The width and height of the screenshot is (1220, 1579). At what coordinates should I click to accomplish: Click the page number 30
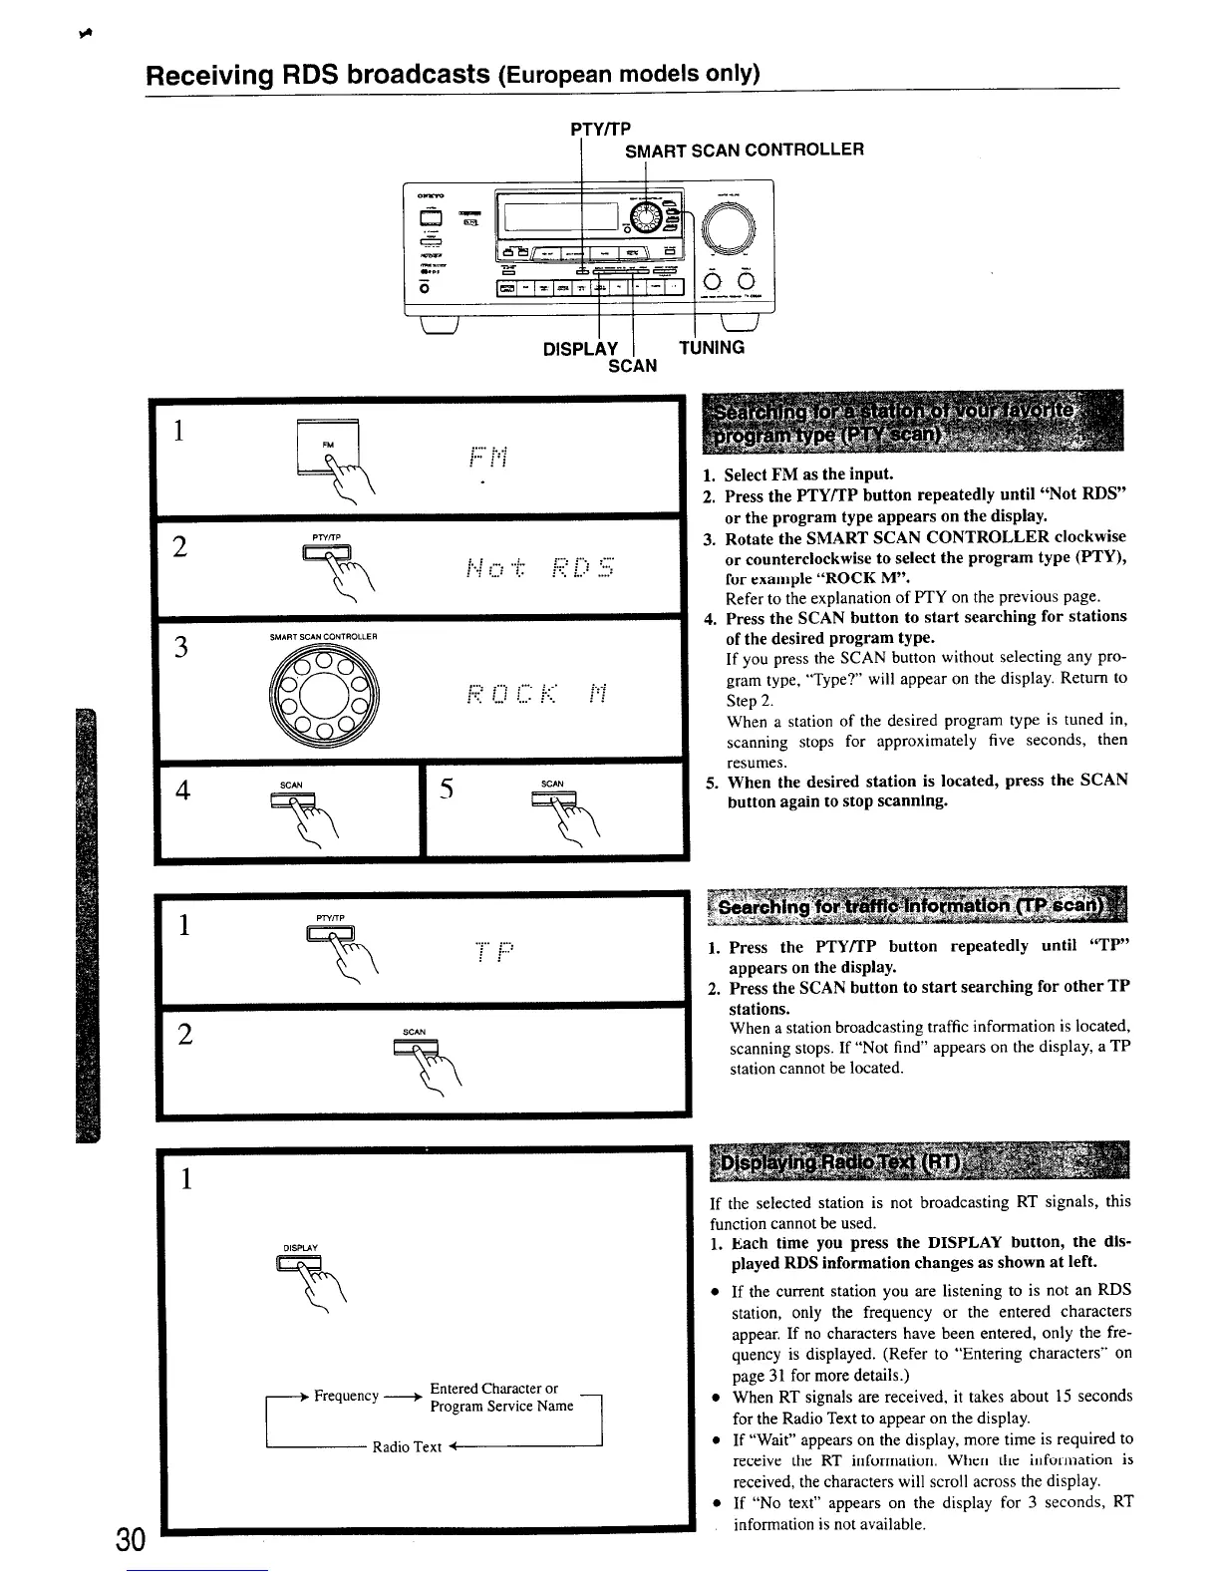coord(132,1539)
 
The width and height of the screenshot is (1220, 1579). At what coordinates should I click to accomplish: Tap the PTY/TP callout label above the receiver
coord(600,129)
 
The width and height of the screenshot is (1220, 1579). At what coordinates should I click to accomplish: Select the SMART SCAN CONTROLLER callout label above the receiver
coord(744,150)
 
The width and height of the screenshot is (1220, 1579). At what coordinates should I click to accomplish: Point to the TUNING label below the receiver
coord(711,347)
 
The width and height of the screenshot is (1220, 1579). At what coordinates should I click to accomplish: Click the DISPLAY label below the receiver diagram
coord(580,349)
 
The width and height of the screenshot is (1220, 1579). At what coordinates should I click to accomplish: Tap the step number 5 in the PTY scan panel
coord(448,789)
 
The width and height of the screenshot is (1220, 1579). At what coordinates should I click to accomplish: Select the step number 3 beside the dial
coord(181,648)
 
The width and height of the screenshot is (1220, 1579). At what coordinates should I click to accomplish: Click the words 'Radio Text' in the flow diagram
coord(406,1446)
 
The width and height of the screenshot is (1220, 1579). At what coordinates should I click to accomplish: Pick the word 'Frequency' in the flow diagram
coord(346,1396)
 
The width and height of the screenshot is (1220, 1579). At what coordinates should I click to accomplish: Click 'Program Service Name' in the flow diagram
coord(501,1406)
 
